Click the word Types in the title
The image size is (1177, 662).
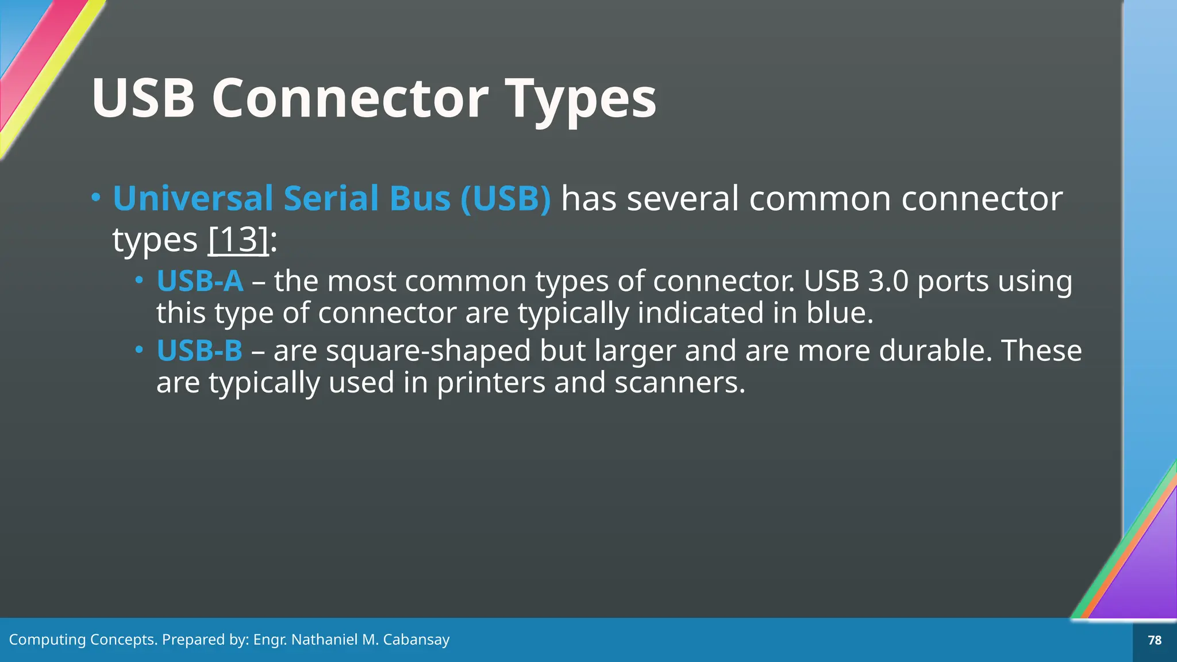(x=580, y=99)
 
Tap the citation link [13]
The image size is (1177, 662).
(x=238, y=240)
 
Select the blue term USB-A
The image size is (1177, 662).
(x=200, y=281)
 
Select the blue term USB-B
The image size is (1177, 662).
(x=199, y=351)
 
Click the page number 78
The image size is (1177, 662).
(x=1155, y=640)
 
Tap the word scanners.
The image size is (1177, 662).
(x=679, y=383)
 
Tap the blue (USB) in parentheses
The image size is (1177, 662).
(x=506, y=198)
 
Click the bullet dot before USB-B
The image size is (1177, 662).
(x=139, y=349)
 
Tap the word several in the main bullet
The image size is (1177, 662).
(x=682, y=198)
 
